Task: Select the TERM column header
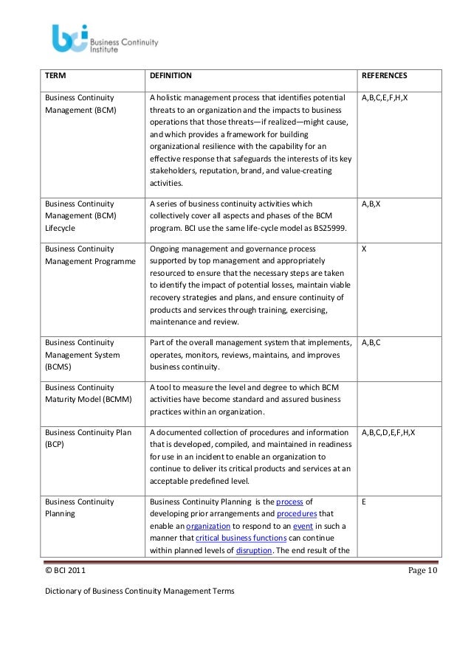click(x=55, y=75)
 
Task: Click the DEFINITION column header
click(x=171, y=75)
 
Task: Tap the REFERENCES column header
click(x=384, y=75)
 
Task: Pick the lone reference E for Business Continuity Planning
click(x=364, y=502)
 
